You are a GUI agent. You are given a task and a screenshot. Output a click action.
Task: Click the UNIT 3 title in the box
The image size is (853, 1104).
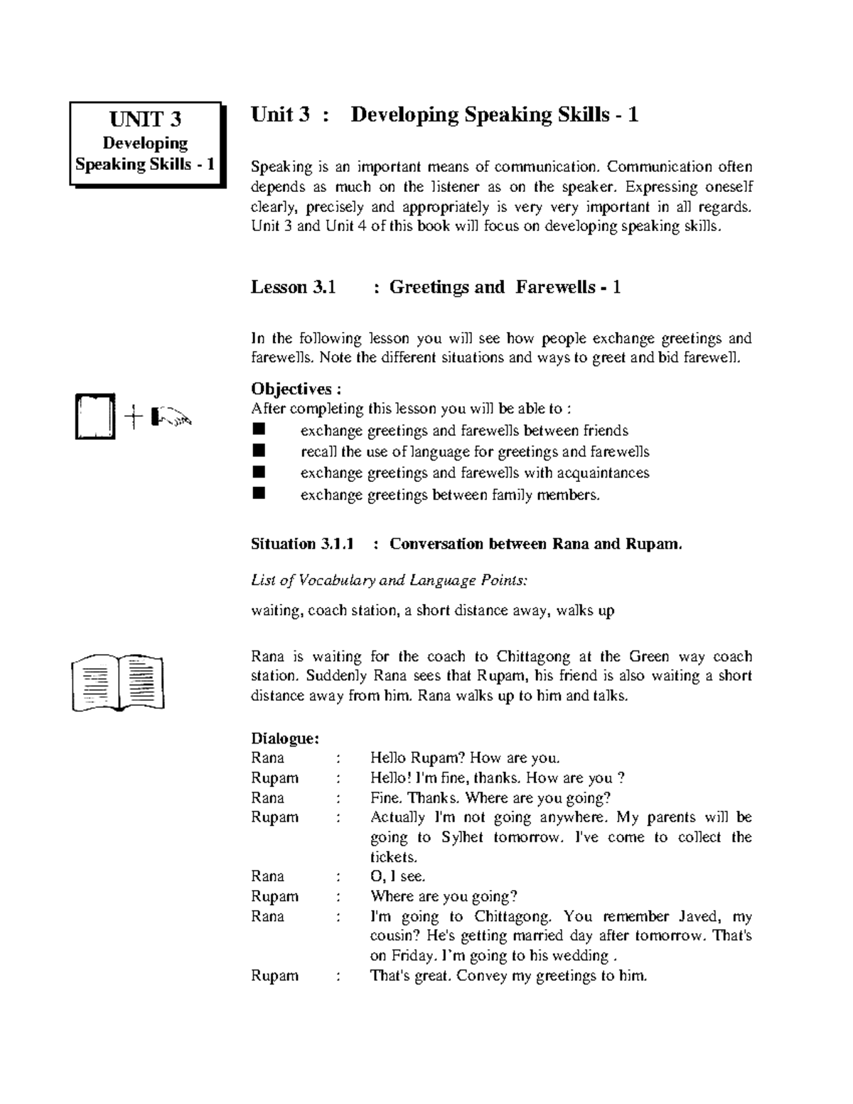(146, 119)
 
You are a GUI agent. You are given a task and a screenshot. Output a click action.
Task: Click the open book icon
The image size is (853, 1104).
(118, 682)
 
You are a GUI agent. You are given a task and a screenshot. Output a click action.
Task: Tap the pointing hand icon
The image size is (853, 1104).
(171, 417)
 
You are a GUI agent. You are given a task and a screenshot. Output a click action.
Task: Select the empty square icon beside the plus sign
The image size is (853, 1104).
(95, 418)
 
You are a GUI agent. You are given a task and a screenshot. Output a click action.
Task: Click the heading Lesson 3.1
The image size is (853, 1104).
(293, 287)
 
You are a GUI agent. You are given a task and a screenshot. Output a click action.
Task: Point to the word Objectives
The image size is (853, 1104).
(291, 389)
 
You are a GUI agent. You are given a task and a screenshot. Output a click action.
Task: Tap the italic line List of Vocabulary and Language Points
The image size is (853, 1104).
(390, 580)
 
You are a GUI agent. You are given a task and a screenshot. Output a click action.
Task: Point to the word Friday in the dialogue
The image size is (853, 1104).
(408, 955)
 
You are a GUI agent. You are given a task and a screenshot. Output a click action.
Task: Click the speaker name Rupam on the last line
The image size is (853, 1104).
(274, 975)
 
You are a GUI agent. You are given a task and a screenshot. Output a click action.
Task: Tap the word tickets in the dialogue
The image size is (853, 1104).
(392, 857)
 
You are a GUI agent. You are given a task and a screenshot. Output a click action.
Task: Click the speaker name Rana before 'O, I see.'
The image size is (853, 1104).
(267, 876)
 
